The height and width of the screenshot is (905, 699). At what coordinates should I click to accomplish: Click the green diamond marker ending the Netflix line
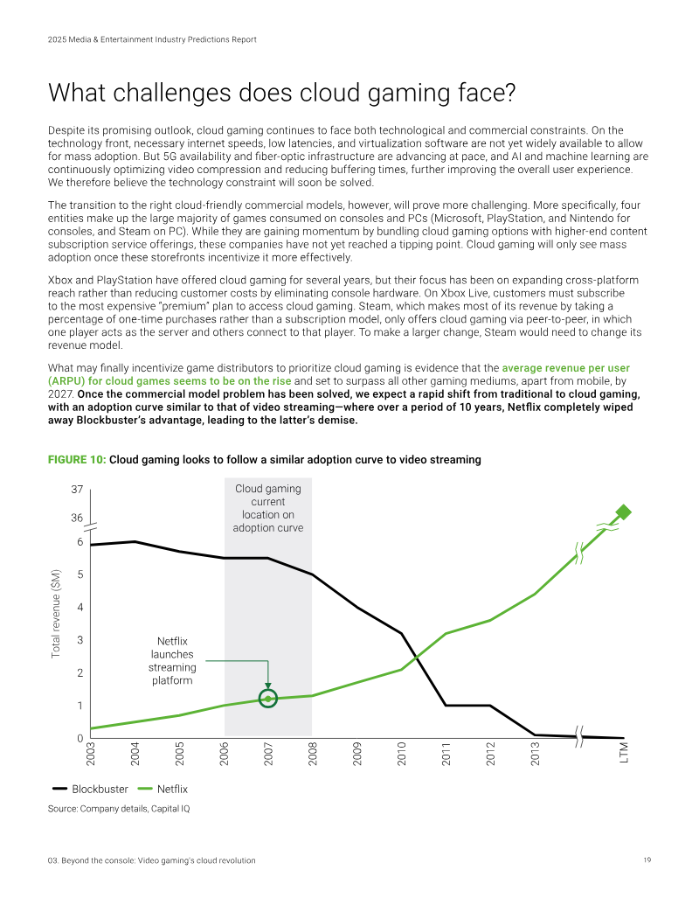pyautogui.click(x=624, y=512)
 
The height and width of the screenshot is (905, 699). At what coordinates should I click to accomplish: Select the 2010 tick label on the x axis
pyautogui.click(x=401, y=754)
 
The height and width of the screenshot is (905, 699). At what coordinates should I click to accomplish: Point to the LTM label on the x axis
pyautogui.click(x=624, y=753)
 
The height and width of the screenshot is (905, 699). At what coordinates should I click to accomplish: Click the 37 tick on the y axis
pyautogui.click(x=77, y=490)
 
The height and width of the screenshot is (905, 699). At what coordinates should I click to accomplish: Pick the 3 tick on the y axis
pyautogui.click(x=80, y=640)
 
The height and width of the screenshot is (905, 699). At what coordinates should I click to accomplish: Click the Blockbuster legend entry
pyautogui.click(x=90, y=789)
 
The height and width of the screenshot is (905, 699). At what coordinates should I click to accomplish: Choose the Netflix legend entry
pyautogui.click(x=163, y=789)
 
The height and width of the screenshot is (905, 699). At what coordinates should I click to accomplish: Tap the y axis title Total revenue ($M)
pyautogui.click(x=56, y=614)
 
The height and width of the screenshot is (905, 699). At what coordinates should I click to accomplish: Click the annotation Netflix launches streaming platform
pyautogui.click(x=172, y=661)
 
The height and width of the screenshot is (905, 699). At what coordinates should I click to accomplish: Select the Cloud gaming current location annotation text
pyautogui.click(x=268, y=508)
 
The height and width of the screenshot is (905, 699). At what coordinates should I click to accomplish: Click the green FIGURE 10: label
pyautogui.click(x=77, y=459)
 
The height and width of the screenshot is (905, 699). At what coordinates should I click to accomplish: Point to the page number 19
pyautogui.click(x=647, y=860)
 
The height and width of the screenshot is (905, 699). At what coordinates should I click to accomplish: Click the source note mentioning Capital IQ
pyautogui.click(x=119, y=809)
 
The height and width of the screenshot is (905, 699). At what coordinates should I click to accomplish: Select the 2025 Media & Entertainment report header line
pyautogui.click(x=152, y=39)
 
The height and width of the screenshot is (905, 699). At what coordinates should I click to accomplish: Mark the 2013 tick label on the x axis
pyautogui.click(x=536, y=754)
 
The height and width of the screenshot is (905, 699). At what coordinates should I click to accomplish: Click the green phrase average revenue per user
pyautogui.click(x=566, y=367)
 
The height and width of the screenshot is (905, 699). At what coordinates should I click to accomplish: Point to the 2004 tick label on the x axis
pyautogui.click(x=135, y=754)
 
